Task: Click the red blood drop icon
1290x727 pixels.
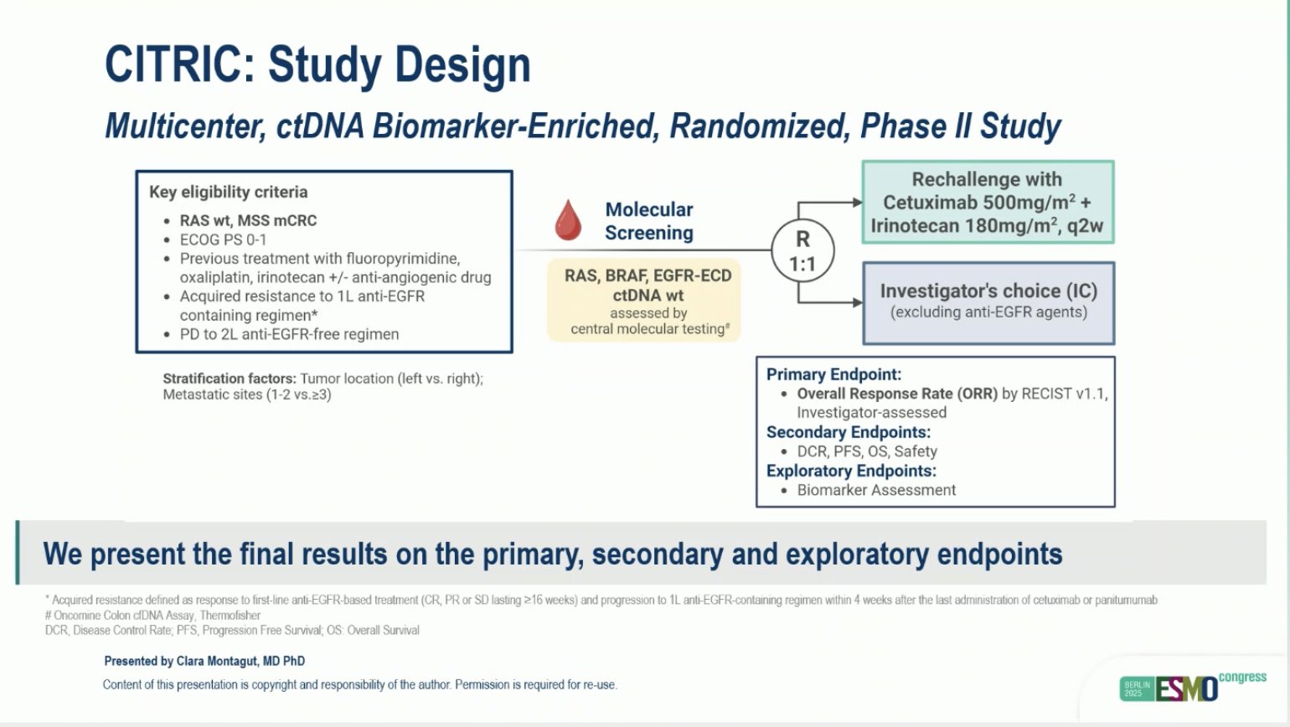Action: (x=568, y=219)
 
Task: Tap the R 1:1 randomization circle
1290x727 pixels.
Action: (x=802, y=251)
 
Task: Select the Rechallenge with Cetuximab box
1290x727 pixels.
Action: (x=988, y=203)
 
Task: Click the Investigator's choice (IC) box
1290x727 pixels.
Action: (x=988, y=302)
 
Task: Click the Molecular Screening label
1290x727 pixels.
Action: (x=648, y=221)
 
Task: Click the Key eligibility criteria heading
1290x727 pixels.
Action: (x=228, y=192)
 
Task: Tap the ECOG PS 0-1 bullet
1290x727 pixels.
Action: (x=223, y=240)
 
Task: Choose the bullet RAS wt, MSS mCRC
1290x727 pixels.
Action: (x=248, y=220)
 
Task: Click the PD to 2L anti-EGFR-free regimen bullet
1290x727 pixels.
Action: (x=289, y=334)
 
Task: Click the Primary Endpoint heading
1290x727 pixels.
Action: (x=833, y=374)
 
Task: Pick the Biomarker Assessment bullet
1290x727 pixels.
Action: (x=875, y=490)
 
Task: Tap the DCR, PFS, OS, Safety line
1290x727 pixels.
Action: (x=866, y=451)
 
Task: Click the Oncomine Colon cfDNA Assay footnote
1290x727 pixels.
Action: (x=152, y=615)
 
